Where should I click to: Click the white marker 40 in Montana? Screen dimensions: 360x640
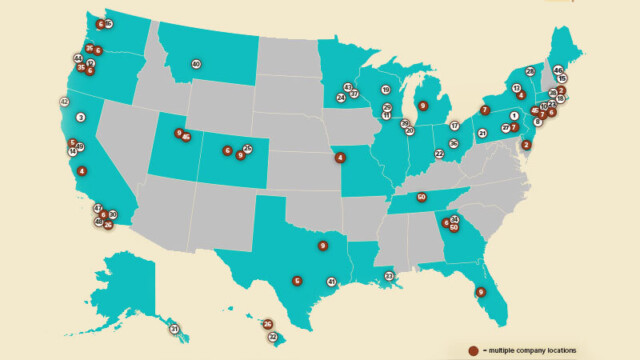196,64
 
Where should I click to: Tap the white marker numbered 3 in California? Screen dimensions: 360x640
80,117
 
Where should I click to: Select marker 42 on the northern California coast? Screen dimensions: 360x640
64,102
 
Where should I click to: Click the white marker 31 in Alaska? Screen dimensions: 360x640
173,329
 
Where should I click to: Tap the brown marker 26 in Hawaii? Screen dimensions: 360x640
267,324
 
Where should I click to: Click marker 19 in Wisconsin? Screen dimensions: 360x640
386,90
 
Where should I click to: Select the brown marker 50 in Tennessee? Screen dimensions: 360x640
421,197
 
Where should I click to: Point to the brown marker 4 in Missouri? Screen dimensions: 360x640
340,157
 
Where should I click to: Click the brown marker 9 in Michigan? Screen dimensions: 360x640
422,105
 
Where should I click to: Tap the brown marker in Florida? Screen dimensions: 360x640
480,292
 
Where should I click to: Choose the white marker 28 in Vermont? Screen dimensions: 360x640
530,72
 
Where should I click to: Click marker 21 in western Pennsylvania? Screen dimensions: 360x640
482,133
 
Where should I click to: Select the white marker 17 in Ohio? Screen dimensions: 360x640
454,126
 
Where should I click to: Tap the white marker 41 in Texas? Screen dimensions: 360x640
331,282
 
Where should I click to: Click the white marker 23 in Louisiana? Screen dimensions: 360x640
389,275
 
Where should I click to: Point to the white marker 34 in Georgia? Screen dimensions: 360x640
454,219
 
